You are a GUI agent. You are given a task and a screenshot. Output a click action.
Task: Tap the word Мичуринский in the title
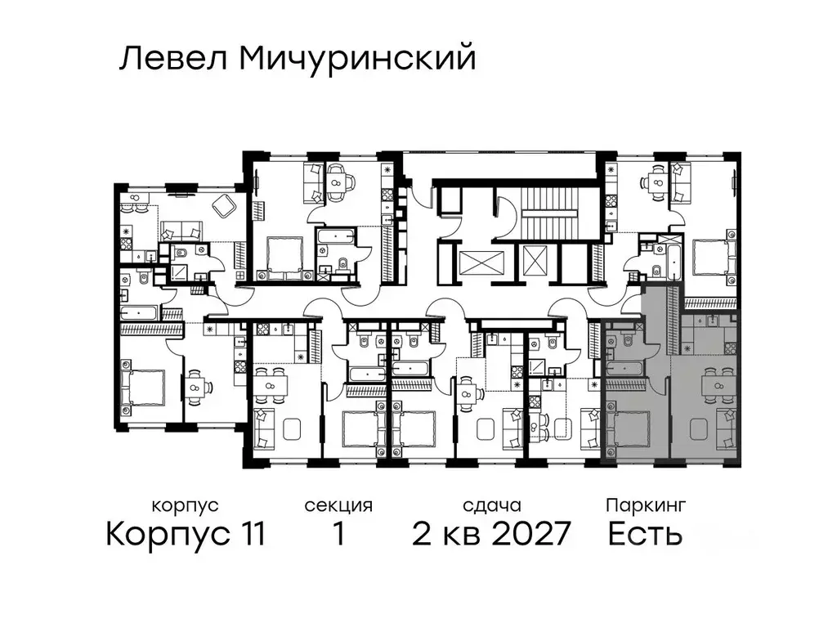(x=358, y=59)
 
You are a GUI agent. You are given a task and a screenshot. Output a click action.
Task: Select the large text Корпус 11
(x=186, y=534)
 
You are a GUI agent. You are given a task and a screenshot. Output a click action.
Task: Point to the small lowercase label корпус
(x=186, y=505)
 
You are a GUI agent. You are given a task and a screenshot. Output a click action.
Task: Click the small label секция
(x=338, y=505)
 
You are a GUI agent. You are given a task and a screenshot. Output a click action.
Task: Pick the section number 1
(x=338, y=534)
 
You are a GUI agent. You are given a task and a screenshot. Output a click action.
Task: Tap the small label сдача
(x=490, y=505)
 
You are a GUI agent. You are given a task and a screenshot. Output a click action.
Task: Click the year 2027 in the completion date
(x=528, y=534)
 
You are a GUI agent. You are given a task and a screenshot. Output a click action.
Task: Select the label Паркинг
(x=646, y=505)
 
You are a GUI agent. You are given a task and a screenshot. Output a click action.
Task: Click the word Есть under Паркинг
(x=645, y=534)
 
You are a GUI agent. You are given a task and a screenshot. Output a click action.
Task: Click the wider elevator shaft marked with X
(x=472, y=262)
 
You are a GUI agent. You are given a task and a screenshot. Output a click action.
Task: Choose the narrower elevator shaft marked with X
(x=533, y=262)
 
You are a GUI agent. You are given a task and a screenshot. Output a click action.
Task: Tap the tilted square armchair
(x=222, y=208)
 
